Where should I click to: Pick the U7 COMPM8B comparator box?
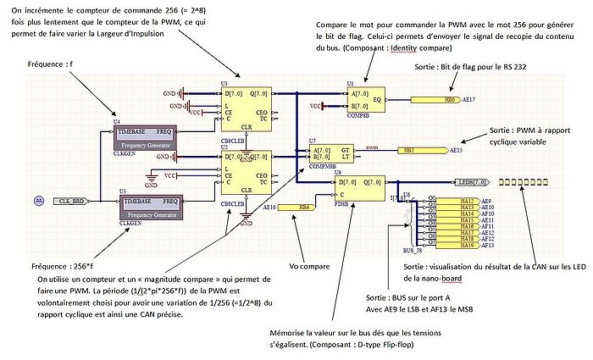tap(331, 154)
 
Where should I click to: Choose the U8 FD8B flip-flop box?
tap(361, 188)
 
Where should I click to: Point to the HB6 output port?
tap(437, 99)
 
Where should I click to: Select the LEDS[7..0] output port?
tap(471, 182)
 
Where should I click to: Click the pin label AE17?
tap(470, 99)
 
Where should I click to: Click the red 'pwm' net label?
tap(371, 147)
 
